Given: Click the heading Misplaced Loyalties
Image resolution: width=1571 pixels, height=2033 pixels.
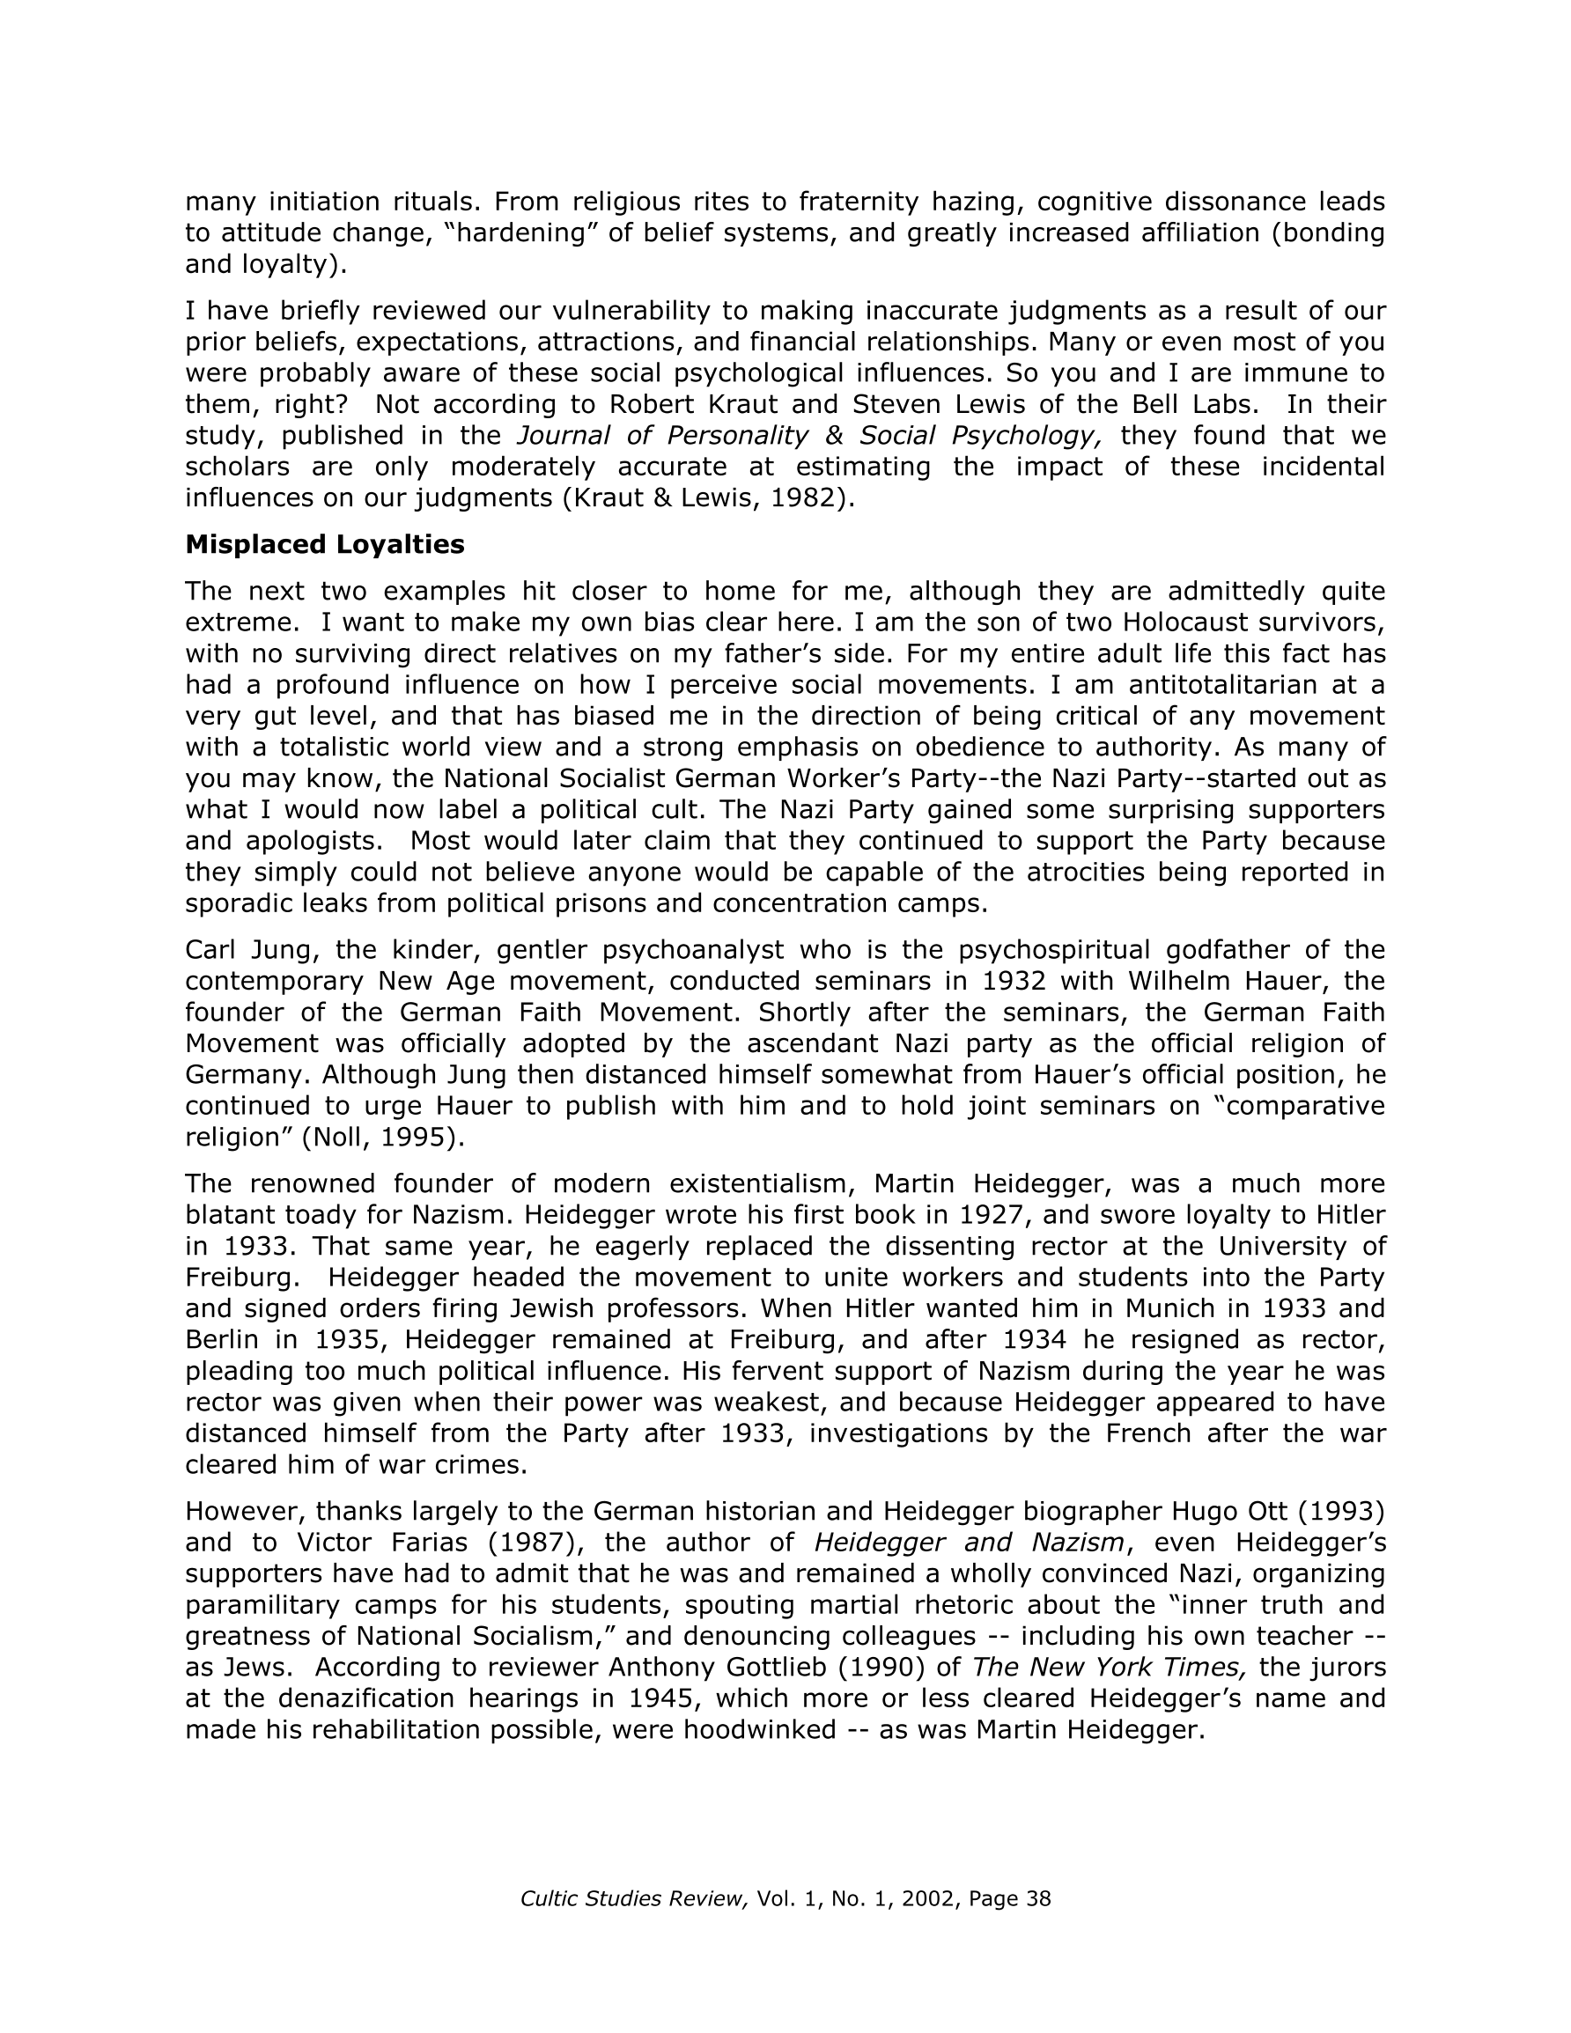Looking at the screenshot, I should click(324, 544).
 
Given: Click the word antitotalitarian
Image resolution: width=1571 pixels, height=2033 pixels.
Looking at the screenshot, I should click(1219, 685).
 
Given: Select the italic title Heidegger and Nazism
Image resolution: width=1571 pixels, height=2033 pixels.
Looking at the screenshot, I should click(969, 1543).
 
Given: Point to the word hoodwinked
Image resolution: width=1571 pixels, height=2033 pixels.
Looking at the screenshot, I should click(760, 1729).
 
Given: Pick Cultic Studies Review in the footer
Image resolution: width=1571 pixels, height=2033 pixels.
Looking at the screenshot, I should click(634, 1899).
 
